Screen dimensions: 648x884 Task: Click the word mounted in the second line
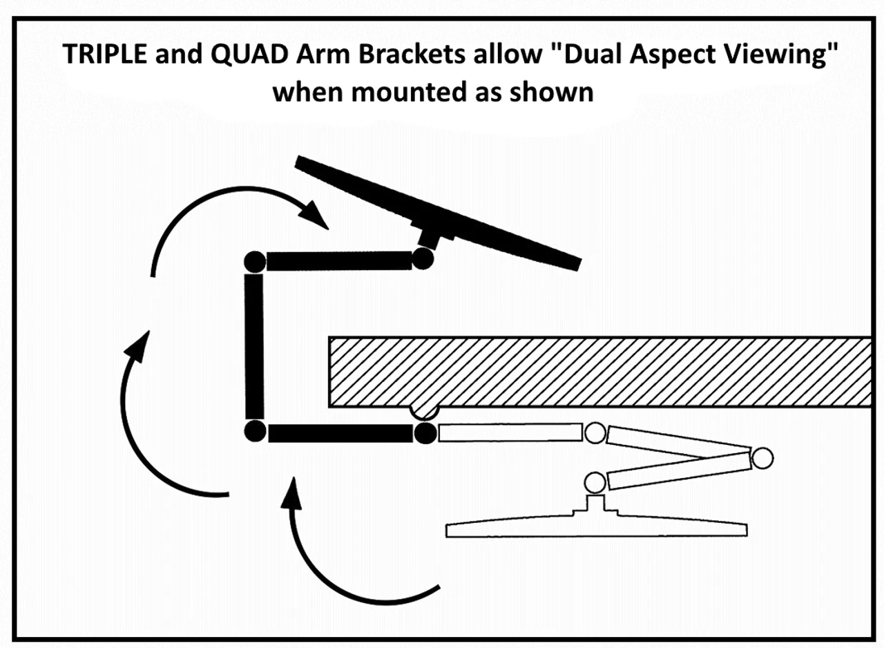point(399,91)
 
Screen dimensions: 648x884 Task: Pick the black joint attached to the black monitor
point(422,259)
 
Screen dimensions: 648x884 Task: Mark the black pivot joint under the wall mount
point(425,433)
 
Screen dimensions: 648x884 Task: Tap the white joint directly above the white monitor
point(595,481)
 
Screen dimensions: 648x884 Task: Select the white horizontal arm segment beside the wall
point(510,432)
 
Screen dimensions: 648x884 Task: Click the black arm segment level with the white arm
point(340,433)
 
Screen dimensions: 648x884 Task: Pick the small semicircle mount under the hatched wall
point(424,412)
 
